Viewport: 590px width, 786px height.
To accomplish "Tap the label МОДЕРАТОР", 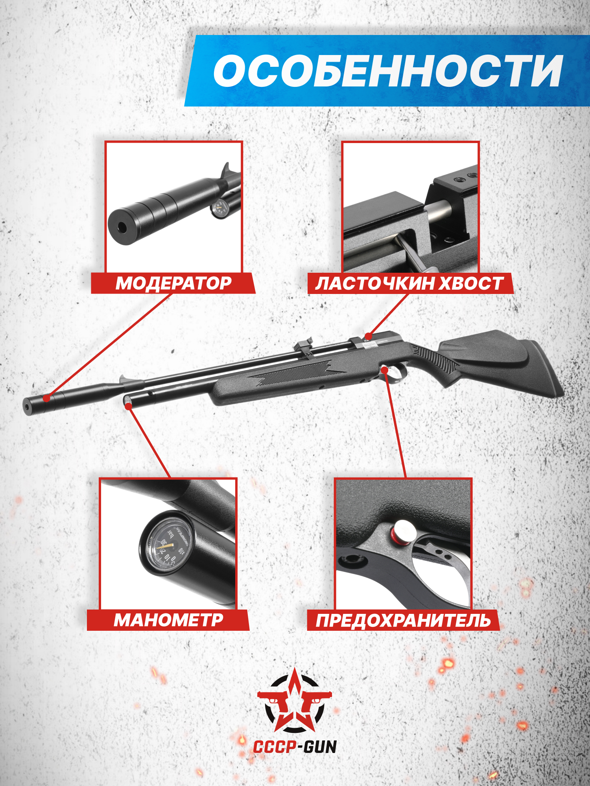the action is tap(173, 283).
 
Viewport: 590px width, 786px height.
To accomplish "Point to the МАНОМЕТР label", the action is tap(168, 620).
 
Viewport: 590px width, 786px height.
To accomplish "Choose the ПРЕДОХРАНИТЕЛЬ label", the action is tap(404, 621).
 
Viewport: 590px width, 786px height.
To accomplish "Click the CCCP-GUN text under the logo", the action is tap(295, 747).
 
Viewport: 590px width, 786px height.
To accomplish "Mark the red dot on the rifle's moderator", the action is tap(47, 398).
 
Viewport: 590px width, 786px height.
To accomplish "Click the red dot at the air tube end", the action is tap(128, 406).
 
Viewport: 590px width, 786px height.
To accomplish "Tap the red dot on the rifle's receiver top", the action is tap(368, 336).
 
